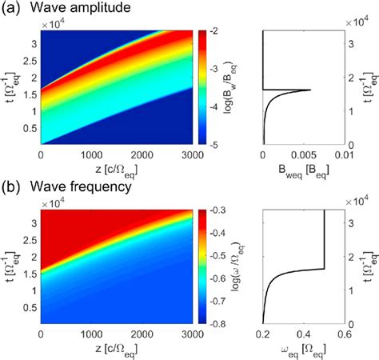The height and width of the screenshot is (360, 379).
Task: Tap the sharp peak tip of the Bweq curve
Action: tap(310, 90)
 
